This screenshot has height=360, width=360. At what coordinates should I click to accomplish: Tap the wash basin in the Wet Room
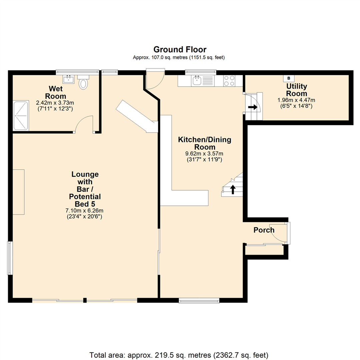[x=68, y=79]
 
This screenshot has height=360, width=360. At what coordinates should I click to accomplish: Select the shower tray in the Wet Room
[x=21, y=116]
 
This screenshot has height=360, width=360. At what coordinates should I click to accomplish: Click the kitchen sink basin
[x=197, y=81]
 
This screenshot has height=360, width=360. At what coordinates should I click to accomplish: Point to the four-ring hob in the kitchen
[x=229, y=81]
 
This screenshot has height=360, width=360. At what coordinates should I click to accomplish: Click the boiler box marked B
[x=289, y=78]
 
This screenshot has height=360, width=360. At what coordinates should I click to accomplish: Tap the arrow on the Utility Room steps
[x=253, y=107]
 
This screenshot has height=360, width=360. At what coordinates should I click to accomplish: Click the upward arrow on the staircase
[x=233, y=189]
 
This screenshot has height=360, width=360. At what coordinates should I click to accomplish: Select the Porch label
[x=264, y=230]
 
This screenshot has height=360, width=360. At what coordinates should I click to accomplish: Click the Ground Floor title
[x=180, y=49]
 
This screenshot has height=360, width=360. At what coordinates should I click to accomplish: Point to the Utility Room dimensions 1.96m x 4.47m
[x=296, y=100]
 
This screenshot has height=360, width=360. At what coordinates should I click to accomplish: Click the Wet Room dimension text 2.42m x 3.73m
[x=55, y=103]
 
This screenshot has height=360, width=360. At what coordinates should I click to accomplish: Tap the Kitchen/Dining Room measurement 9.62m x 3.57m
[x=204, y=154]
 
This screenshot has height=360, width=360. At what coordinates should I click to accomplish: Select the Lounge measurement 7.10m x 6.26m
[x=84, y=211]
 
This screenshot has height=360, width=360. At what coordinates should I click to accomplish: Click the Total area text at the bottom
[x=179, y=355]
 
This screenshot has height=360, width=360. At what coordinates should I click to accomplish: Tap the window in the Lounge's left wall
[x=10, y=258]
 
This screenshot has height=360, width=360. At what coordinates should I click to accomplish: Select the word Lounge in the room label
[x=85, y=174]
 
